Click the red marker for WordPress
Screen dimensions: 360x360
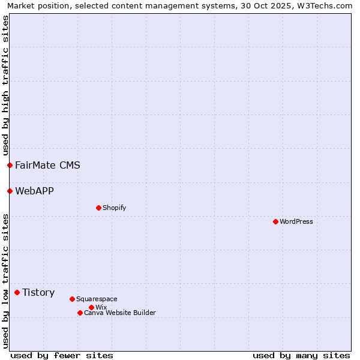click(x=275, y=221)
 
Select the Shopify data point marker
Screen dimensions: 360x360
click(x=98, y=208)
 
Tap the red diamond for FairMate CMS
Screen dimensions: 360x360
click(x=10, y=165)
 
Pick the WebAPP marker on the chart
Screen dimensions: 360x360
click(x=10, y=191)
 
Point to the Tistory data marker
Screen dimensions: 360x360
click(x=17, y=292)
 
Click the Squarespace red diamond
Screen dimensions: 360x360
click(x=72, y=299)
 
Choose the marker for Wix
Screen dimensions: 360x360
click(x=91, y=307)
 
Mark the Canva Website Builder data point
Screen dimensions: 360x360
click(x=80, y=313)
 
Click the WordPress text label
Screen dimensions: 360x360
click(x=296, y=221)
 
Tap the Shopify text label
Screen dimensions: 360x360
click(x=114, y=208)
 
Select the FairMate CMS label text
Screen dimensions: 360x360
click(x=47, y=165)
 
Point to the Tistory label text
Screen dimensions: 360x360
click(x=38, y=292)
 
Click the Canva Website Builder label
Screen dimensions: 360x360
click(x=120, y=313)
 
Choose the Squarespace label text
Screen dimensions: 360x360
click(x=97, y=299)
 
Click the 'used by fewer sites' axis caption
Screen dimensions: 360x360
click(x=62, y=355)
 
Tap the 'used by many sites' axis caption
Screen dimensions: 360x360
click(x=301, y=355)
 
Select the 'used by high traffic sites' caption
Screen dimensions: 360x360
click(x=5, y=86)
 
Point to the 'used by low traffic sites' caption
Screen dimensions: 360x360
click(x=5, y=281)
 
